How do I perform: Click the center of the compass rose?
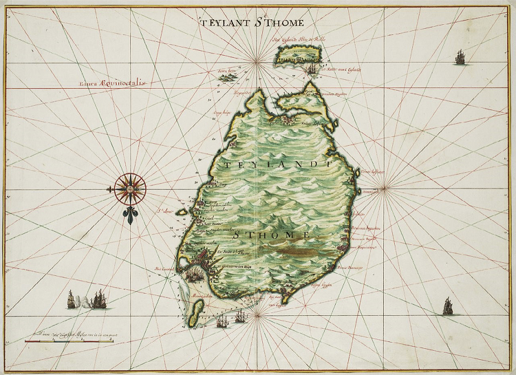click(x=127, y=186)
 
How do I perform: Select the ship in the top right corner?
click(x=460, y=57)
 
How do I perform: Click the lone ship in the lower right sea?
click(x=448, y=306)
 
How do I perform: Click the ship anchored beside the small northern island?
click(x=314, y=67)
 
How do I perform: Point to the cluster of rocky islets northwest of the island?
click(x=226, y=76)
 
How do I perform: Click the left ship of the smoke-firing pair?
click(x=70, y=299)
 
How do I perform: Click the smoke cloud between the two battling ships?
click(x=84, y=301)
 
